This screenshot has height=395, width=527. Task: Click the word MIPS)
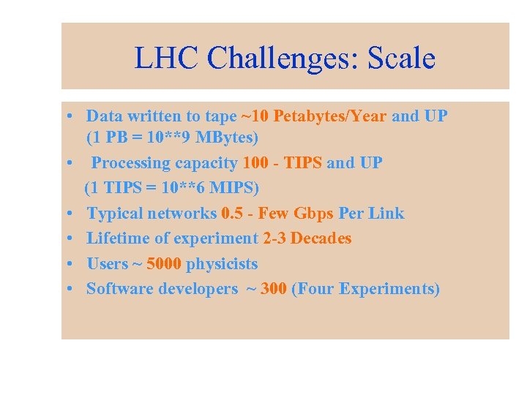pos(232,188)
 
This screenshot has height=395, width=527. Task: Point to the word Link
pos(387,214)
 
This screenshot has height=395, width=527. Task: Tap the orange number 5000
pos(165,263)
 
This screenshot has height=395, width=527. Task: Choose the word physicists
pos(223,263)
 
